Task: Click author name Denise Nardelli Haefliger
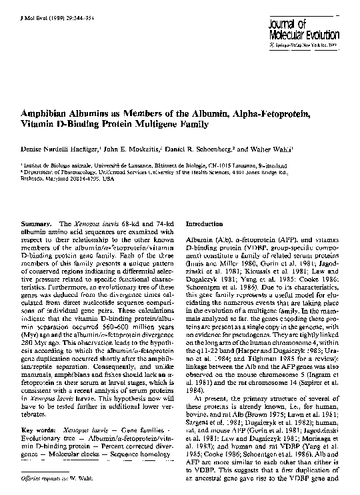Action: (59, 151)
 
